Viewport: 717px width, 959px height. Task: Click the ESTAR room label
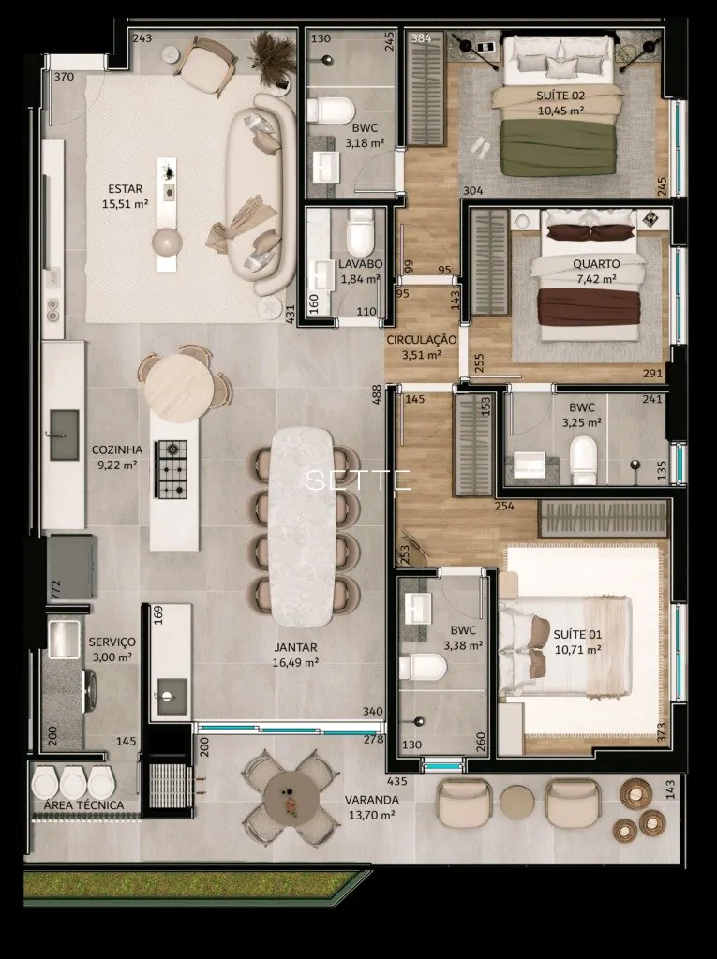126,189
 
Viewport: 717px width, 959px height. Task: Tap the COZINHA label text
117,450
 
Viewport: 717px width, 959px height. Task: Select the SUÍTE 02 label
560,96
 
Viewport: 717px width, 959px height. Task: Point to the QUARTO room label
596,264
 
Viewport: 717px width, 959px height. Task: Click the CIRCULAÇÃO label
421,340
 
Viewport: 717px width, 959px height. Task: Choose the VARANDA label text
372,800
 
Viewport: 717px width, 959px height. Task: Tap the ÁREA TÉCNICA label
84,805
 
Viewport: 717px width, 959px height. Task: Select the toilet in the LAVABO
359,233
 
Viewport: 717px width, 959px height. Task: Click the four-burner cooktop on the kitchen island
172,468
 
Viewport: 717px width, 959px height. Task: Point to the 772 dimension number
56,590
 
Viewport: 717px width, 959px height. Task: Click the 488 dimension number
377,394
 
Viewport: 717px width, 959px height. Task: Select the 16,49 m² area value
295,662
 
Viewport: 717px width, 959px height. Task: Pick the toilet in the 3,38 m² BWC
423,667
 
